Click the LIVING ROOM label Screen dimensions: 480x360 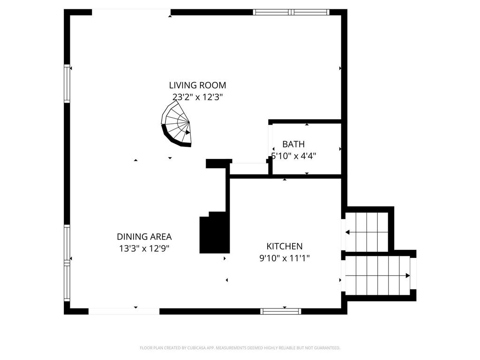[x=197, y=85]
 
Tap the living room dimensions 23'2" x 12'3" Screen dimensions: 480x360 [x=197, y=97]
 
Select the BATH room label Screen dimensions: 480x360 [x=293, y=144]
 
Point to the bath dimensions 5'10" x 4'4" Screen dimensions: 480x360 [x=293, y=156]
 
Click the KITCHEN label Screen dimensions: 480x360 [x=285, y=246]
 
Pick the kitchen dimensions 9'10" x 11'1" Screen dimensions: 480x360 [x=285, y=258]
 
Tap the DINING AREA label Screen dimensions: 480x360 [x=144, y=237]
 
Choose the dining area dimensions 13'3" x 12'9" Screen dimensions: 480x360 [x=144, y=248]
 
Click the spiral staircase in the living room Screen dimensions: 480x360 [x=176, y=124]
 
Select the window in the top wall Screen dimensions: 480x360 [x=291, y=12]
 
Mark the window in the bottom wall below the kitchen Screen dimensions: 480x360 [x=281, y=311]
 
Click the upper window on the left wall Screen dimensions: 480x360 [x=67, y=83]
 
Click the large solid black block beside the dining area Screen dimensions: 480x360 [x=214, y=232]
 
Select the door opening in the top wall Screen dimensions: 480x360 [x=131, y=12]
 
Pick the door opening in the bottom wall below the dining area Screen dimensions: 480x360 [x=124, y=311]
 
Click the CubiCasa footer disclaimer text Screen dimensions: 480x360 [x=240, y=348]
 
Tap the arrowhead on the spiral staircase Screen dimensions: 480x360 [x=187, y=133]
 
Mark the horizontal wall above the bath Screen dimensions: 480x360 [x=305, y=121]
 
